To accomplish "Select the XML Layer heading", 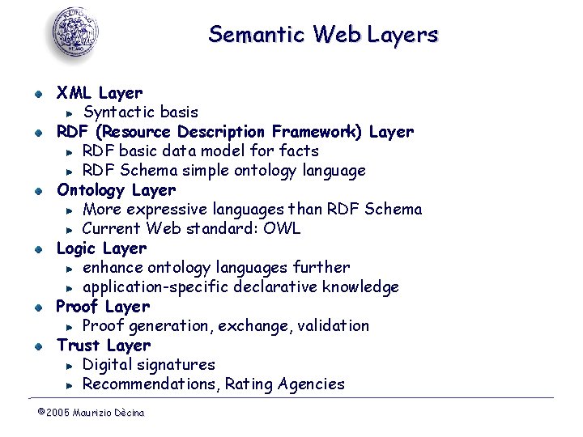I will pos(99,93).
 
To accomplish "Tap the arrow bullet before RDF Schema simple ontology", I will pos(70,171).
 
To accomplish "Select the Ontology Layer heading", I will pos(116,190).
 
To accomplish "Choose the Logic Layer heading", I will pos(101,248).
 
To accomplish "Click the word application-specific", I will pos(156,287).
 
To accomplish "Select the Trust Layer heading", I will pos(104,346).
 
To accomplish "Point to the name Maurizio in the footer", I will pos(93,413).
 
